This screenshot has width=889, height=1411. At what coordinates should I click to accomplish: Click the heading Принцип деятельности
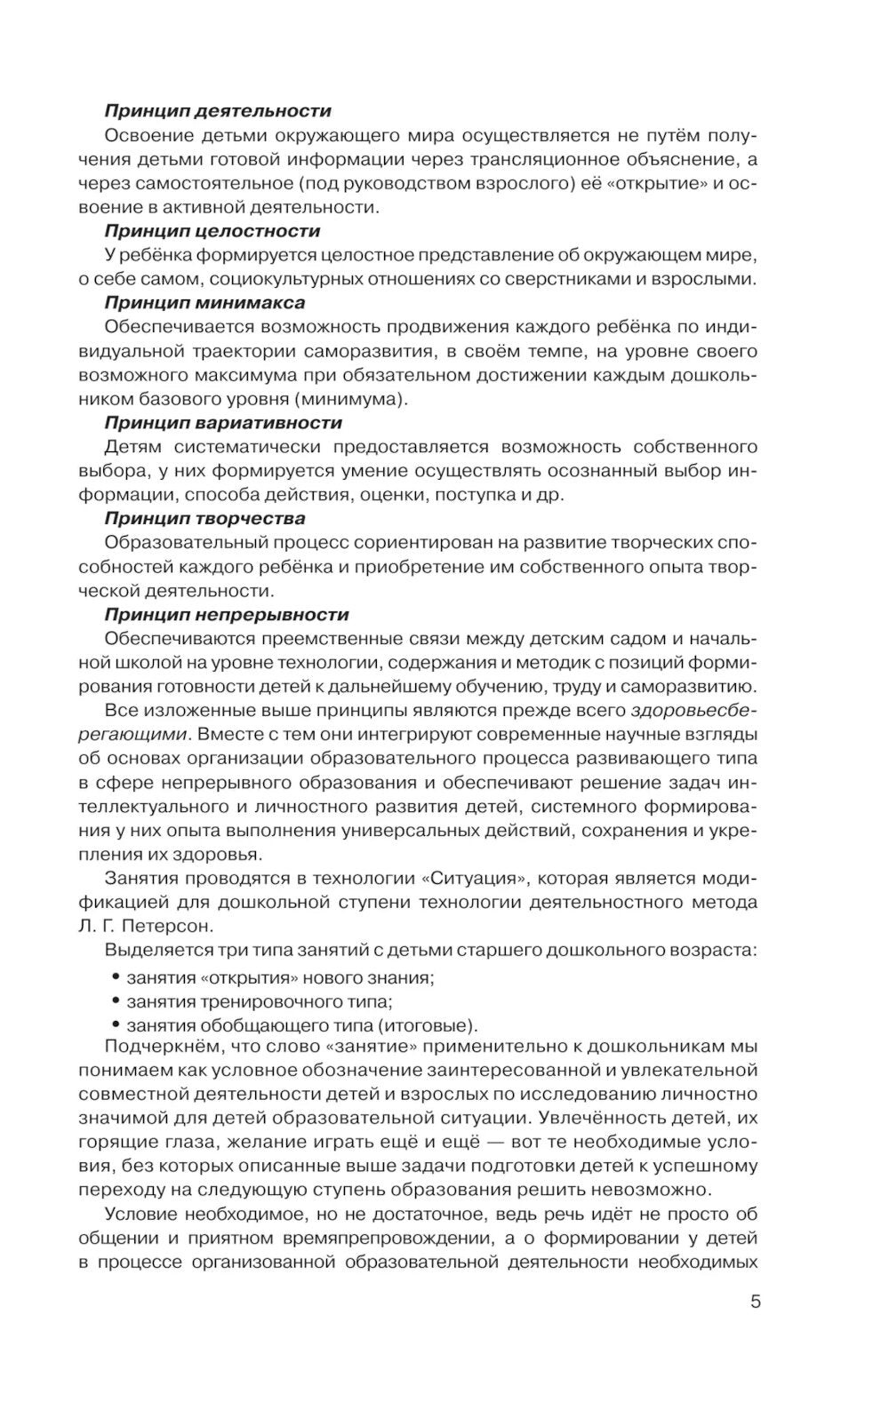coord(218,111)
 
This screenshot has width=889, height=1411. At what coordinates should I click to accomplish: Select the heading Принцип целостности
coord(212,231)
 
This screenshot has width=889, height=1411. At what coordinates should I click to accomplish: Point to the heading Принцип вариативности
coord(223,423)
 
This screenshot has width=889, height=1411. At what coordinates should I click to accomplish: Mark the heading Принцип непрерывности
coord(227,614)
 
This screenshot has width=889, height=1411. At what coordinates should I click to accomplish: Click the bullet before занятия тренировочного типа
coord(115,1000)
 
